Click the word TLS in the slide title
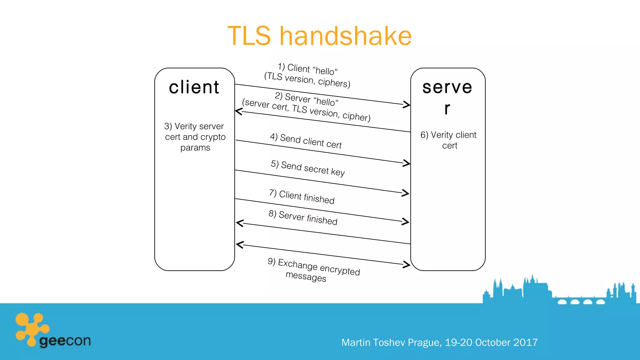coord(249,36)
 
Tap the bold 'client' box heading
coord(194,87)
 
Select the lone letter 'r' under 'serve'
coord(447,108)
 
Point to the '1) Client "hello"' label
coord(308,69)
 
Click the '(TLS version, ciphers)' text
coord(307,80)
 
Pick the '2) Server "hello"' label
coord(307,99)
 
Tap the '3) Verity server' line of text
coord(194,126)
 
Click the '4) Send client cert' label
coord(306,141)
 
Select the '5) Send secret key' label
coord(308,168)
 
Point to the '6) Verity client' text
coord(448,135)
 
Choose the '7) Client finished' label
coord(302,197)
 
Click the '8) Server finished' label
coord(303,218)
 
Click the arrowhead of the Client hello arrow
coord(407,104)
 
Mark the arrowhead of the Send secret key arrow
coord(406,193)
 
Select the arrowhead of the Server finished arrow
coord(240,223)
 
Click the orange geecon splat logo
coord(31,328)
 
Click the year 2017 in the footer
coord(525,342)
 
